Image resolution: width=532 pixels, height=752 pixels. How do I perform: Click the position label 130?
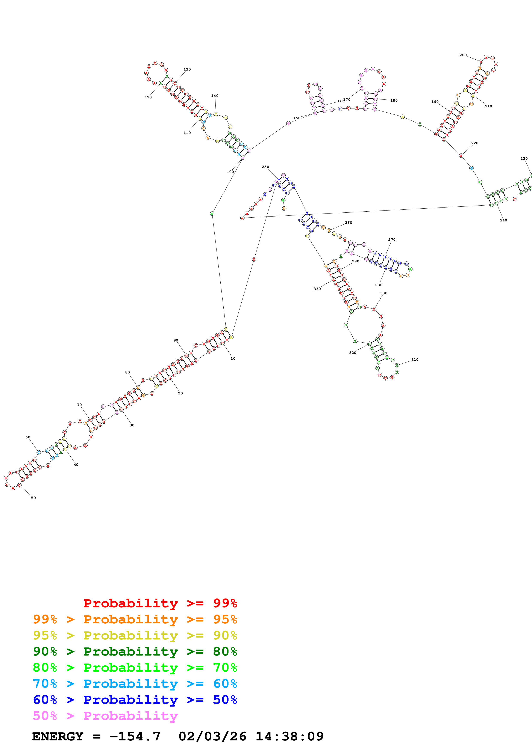click(x=187, y=69)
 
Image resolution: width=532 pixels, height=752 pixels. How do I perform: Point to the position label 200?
click(x=463, y=55)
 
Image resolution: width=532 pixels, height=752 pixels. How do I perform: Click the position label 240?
click(x=503, y=220)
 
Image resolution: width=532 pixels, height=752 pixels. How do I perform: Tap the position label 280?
click(x=379, y=285)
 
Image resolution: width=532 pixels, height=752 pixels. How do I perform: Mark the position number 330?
click(x=317, y=289)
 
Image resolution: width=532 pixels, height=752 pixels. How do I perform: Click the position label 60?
click(x=28, y=437)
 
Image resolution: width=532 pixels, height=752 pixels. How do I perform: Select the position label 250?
click(x=265, y=167)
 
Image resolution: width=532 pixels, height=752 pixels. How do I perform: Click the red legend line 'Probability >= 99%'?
click(x=160, y=603)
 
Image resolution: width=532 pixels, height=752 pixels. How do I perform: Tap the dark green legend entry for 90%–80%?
click(x=135, y=651)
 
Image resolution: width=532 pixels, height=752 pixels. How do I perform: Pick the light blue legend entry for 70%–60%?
click(x=135, y=684)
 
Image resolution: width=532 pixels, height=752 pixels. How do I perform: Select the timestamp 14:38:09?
click(x=289, y=737)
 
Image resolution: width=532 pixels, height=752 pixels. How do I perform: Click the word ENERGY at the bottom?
click(x=58, y=737)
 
